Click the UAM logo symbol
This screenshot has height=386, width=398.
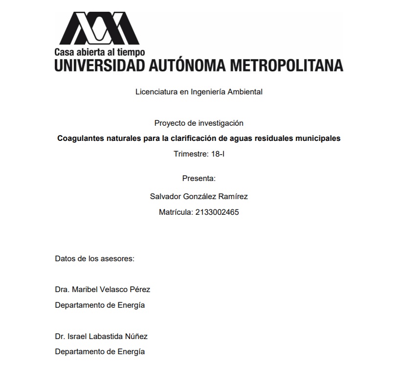(x=99, y=28)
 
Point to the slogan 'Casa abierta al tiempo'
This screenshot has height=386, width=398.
(x=99, y=52)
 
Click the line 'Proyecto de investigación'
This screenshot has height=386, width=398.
(x=199, y=123)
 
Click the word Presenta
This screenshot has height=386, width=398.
(x=199, y=178)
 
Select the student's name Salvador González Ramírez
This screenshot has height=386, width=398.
(x=199, y=196)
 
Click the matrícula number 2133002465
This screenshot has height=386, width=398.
(x=216, y=212)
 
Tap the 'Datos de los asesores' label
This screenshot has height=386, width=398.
(x=94, y=258)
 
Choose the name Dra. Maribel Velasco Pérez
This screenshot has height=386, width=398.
(x=102, y=289)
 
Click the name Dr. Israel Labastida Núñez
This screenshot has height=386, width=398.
(x=101, y=336)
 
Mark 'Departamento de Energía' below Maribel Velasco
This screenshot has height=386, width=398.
(x=100, y=305)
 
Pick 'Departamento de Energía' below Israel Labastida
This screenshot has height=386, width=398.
(x=100, y=351)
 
